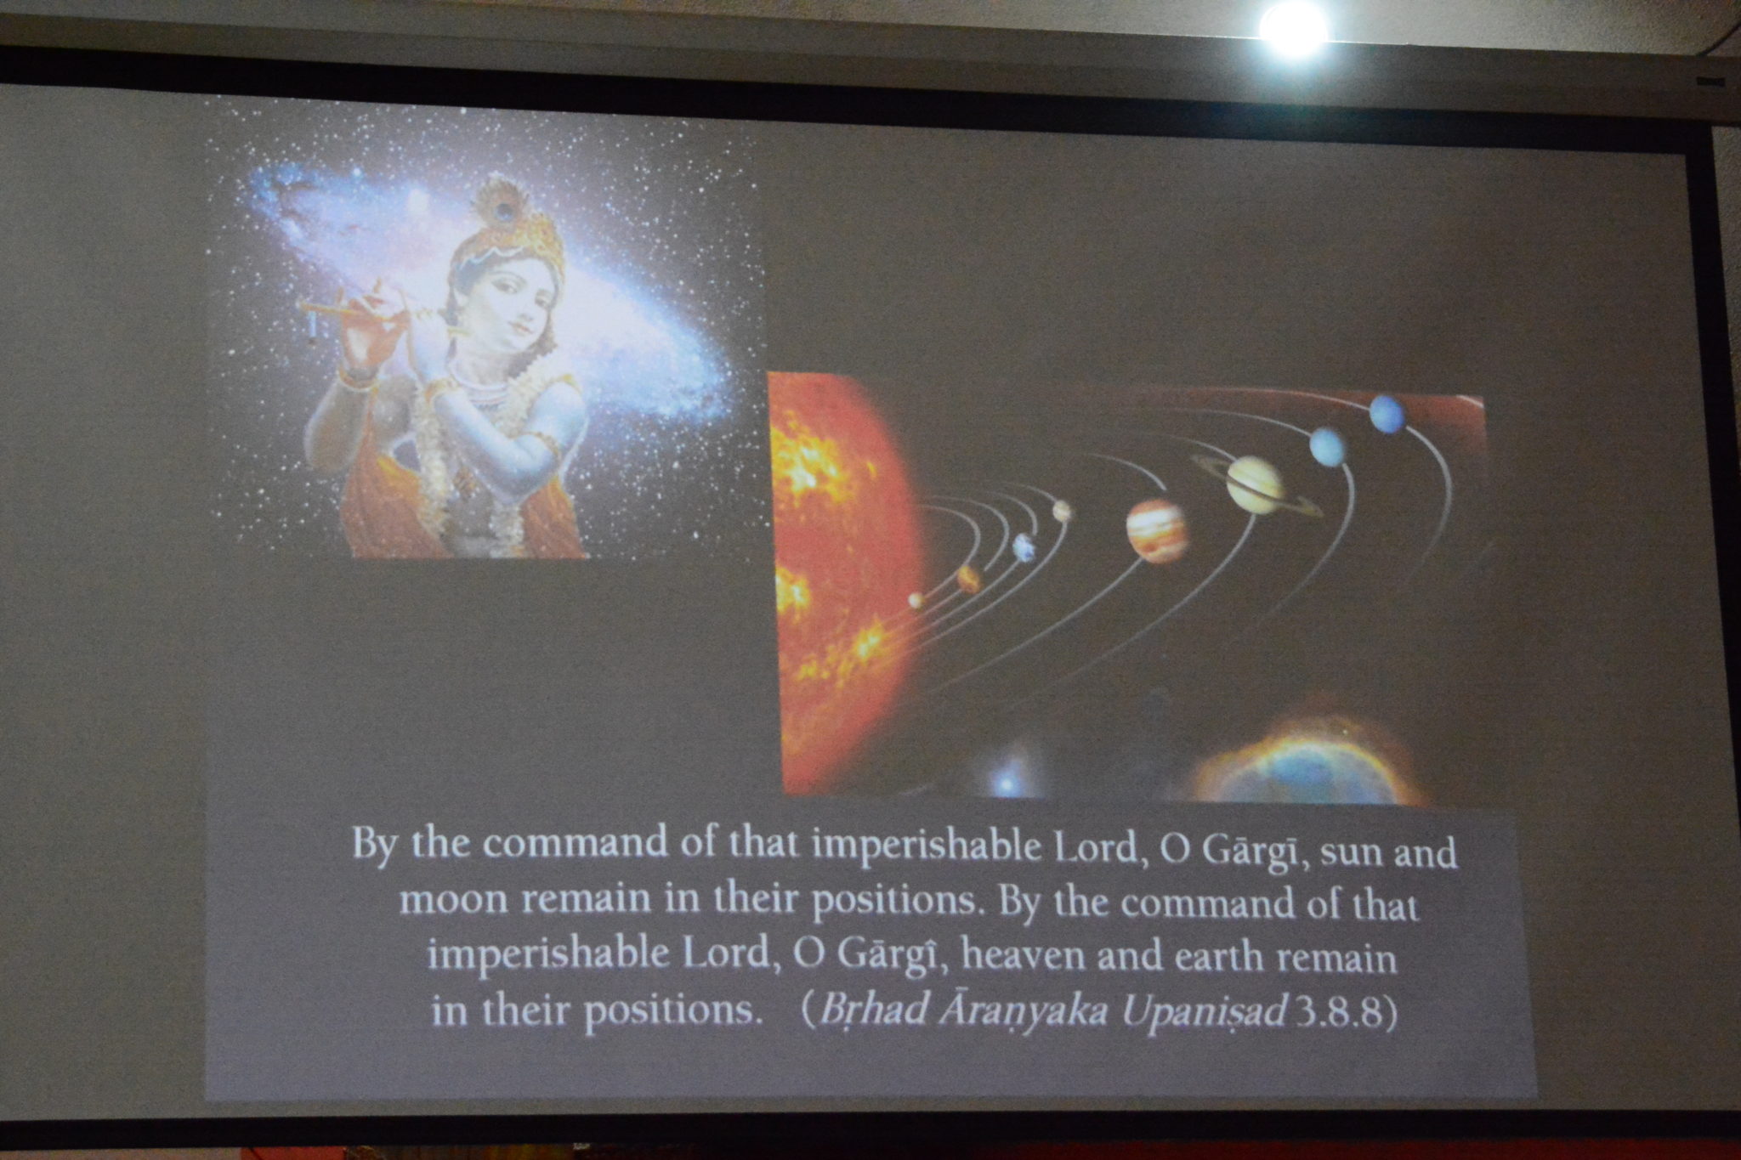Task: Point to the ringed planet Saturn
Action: coord(1255,484)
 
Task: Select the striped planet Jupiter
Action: coord(1156,530)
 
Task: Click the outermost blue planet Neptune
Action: coord(1387,413)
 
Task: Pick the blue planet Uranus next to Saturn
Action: coord(1328,446)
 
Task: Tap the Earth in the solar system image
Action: coord(1024,547)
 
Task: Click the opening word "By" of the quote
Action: coord(375,846)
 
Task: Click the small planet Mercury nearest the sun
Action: coord(916,600)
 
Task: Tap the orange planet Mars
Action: coord(968,579)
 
